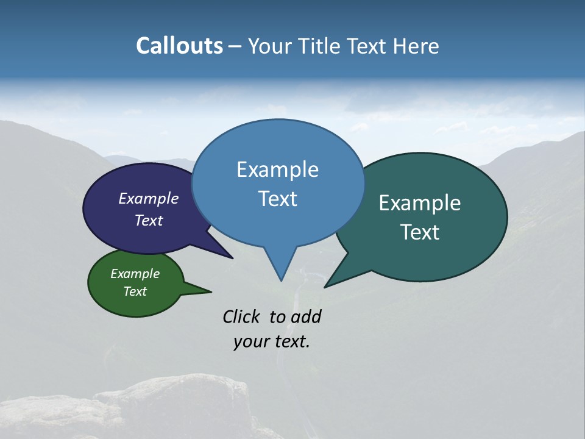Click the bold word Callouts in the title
tap(179, 46)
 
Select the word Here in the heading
tap(417, 46)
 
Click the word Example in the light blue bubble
tap(277, 170)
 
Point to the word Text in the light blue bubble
tap(277, 199)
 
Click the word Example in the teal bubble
tap(420, 203)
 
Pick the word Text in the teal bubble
tap(420, 232)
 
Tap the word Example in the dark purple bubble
tap(148, 198)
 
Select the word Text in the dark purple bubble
tap(148, 220)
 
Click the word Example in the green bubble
tap(135, 274)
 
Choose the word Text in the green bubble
tap(135, 291)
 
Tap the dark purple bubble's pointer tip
tap(232, 258)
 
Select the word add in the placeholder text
tap(306, 316)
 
